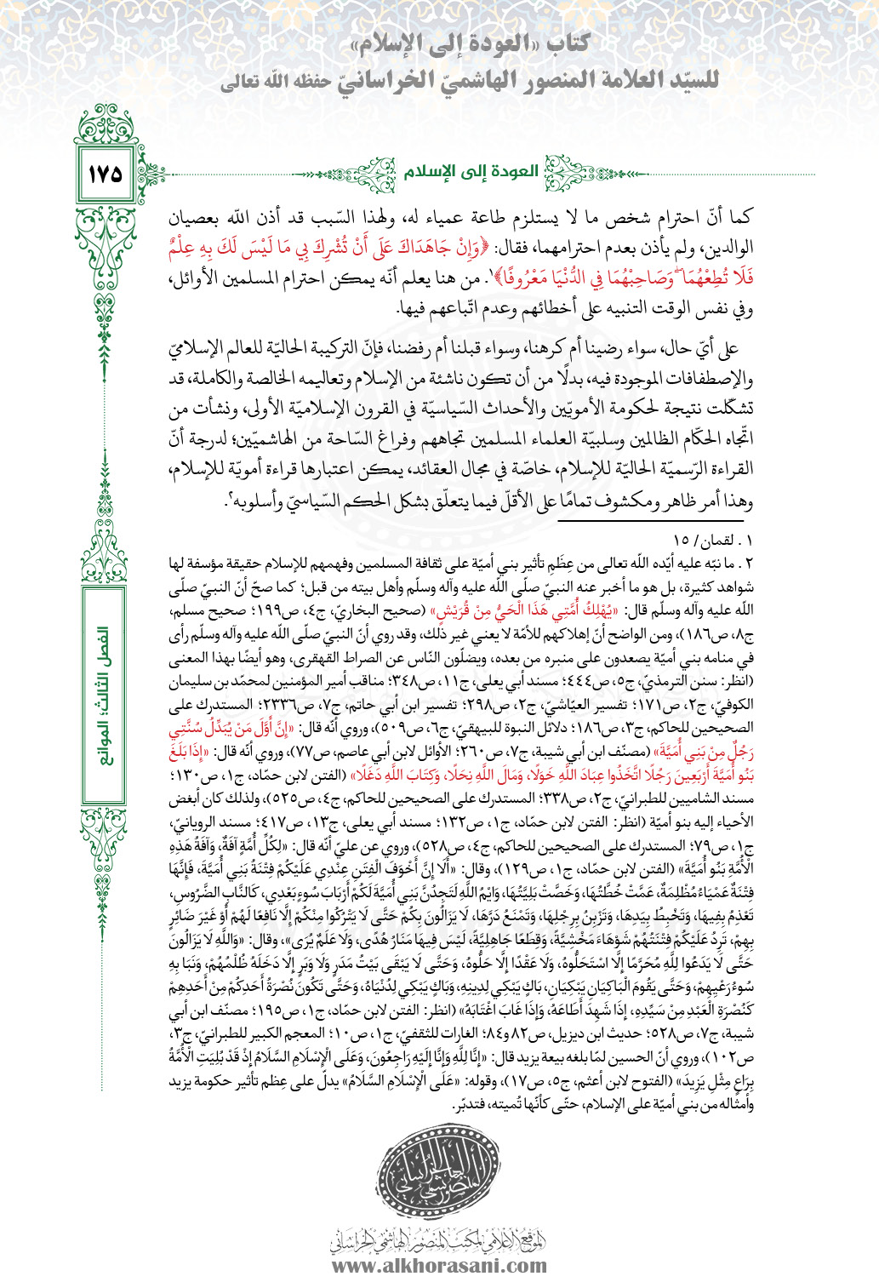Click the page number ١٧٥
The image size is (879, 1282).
point(105,174)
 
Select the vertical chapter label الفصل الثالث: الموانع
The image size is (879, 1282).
point(104,695)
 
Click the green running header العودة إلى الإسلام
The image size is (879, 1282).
point(471,171)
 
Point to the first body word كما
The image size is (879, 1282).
point(738,217)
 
